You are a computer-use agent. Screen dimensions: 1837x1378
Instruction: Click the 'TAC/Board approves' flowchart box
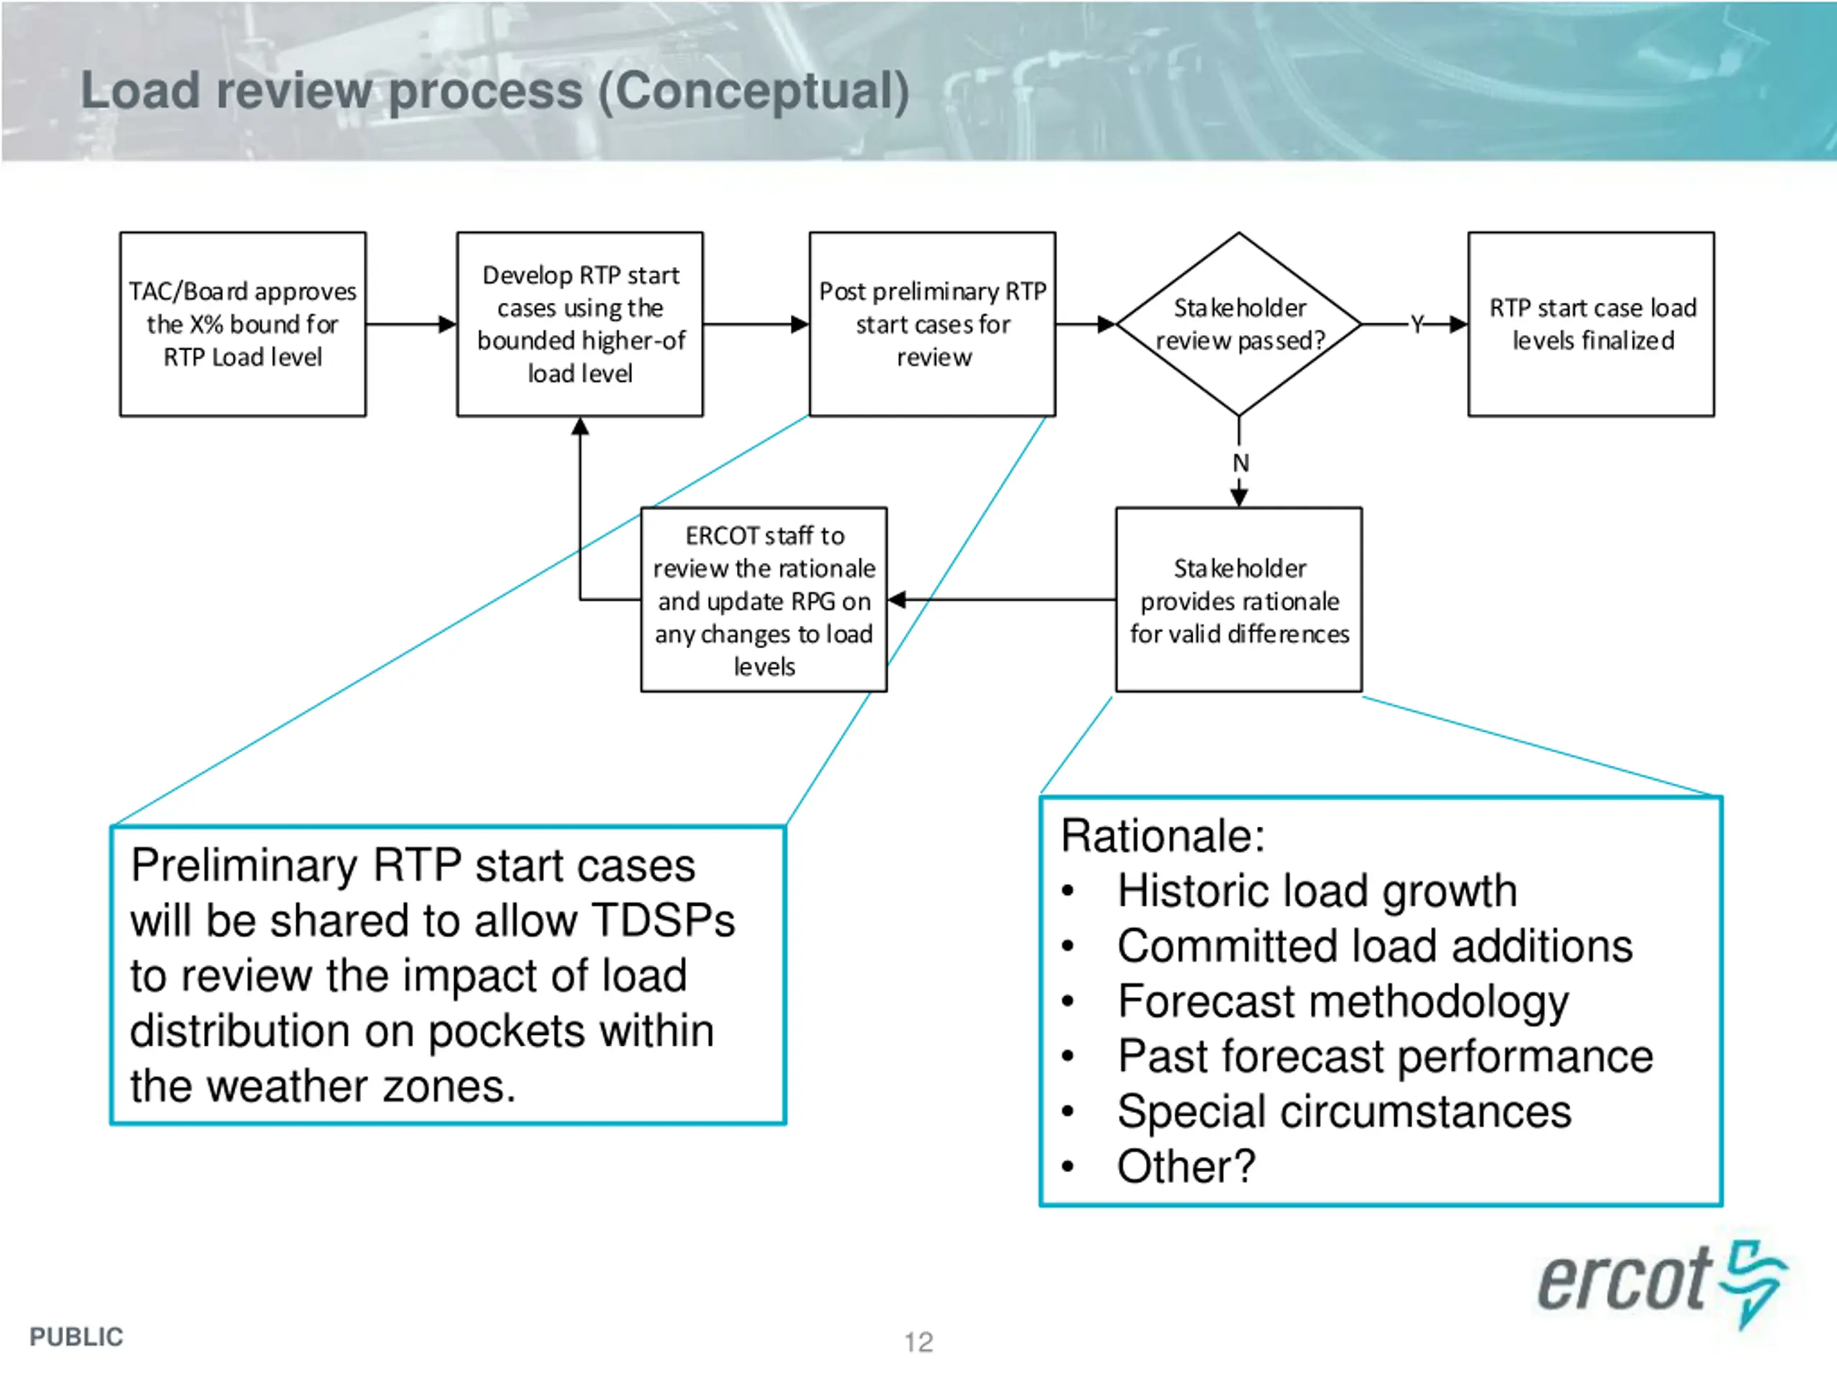[x=243, y=324]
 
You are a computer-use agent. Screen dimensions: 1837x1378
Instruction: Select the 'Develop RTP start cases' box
[x=580, y=324]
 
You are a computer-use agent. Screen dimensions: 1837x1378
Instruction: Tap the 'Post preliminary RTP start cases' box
[x=933, y=324]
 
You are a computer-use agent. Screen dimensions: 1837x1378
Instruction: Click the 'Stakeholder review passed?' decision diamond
[x=1239, y=324]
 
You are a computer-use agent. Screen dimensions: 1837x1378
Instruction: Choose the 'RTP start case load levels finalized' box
[x=1591, y=324]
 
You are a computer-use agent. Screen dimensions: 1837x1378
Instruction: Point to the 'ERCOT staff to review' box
[x=764, y=600]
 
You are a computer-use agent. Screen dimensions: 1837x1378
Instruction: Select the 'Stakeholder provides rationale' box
[x=1239, y=600]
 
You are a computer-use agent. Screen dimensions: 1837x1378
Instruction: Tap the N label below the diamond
[x=1241, y=463]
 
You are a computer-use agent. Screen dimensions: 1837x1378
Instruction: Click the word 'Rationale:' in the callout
[x=1162, y=835]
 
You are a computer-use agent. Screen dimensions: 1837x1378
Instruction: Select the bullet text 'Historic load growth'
[x=1317, y=891]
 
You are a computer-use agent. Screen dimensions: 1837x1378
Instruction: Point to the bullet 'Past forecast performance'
[x=1385, y=1056]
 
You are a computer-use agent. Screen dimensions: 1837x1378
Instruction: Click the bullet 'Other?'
[x=1186, y=1167]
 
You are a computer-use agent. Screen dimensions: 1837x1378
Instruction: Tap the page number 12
[x=918, y=1342]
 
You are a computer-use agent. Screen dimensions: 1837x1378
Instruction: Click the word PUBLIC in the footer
[x=76, y=1337]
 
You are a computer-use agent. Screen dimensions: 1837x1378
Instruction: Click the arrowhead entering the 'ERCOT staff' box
[x=897, y=600]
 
